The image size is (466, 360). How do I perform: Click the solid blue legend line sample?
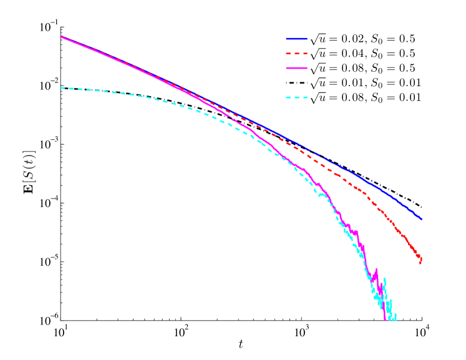pyautogui.click(x=297, y=39)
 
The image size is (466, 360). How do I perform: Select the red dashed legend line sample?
pyautogui.click(x=297, y=54)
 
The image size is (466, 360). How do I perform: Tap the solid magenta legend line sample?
pyautogui.click(x=297, y=68)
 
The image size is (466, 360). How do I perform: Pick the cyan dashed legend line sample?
pyautogui.click(x=297, y=97)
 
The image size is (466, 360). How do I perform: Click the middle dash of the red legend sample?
pyautogui.click(x=297, y=54)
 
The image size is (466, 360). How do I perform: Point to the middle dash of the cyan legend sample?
pyautogui.click(x=297, y=97)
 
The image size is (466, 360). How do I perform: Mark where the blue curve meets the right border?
pyautogui.click(x=422, y=219)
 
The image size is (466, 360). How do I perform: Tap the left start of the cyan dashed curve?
pyautogui.click(x=61, y=88)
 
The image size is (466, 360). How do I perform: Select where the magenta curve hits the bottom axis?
pyautogui.click(x=385, y=320)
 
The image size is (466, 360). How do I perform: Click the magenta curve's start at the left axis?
pyautogui.click(x=61, y=37)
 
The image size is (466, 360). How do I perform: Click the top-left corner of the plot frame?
pyautogui.click(x=61, y=27)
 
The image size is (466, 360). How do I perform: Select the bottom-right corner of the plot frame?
pyautogui.click(x=422, y=321)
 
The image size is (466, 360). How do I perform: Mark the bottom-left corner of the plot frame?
pyautogui.click(x=61, y=321)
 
